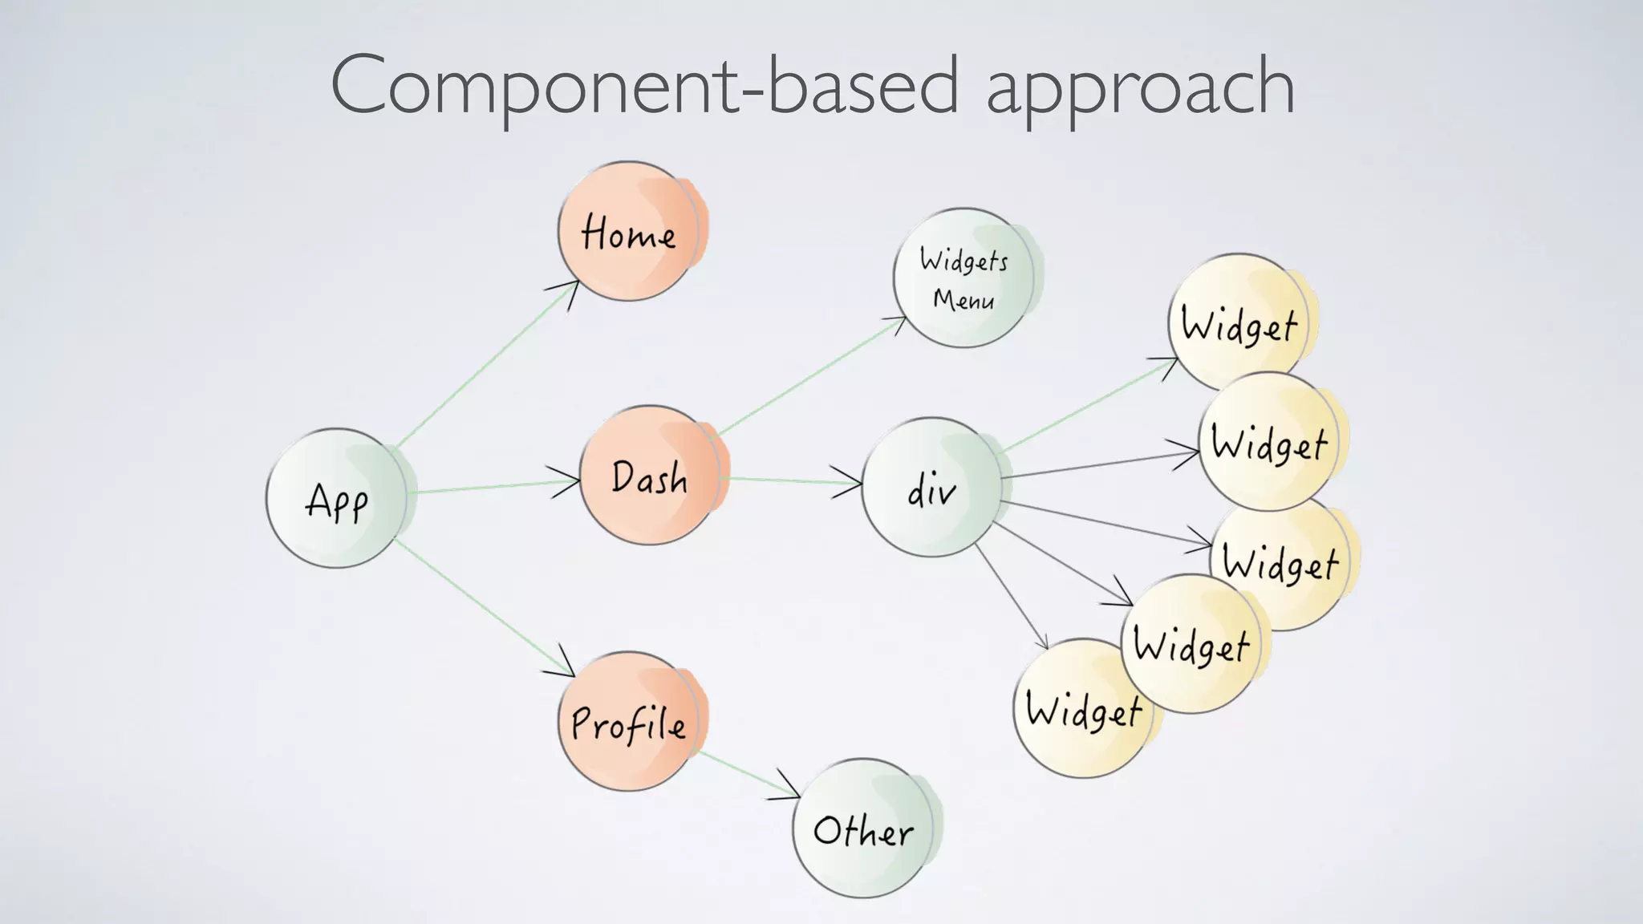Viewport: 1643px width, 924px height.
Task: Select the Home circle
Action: point(627,232)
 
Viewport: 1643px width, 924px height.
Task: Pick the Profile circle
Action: point(627,721)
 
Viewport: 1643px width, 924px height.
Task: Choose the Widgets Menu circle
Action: point(963,278)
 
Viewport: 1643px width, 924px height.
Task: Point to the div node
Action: point(931,487)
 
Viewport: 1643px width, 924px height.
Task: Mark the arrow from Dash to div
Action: point(790,481)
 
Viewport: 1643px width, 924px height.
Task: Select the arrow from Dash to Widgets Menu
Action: point(810,376)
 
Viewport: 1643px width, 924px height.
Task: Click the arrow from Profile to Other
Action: point(746,774)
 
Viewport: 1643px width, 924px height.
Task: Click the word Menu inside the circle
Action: point(963,299)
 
